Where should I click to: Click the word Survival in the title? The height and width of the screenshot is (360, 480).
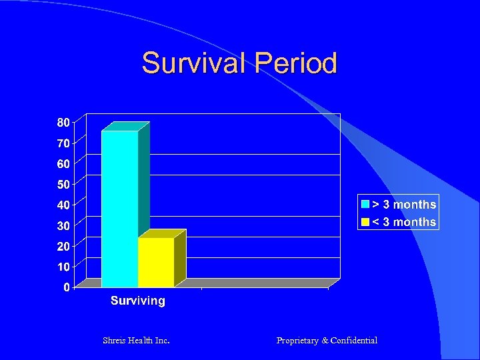193,63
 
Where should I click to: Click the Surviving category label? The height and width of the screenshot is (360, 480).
138,301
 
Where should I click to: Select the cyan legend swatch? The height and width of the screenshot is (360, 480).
365,205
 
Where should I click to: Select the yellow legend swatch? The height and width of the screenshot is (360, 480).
365,222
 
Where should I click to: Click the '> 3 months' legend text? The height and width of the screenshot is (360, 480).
404,205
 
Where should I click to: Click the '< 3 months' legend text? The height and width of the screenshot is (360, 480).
404,222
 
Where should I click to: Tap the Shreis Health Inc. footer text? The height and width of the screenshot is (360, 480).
136,341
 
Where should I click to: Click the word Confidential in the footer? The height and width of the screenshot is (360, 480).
354,341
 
